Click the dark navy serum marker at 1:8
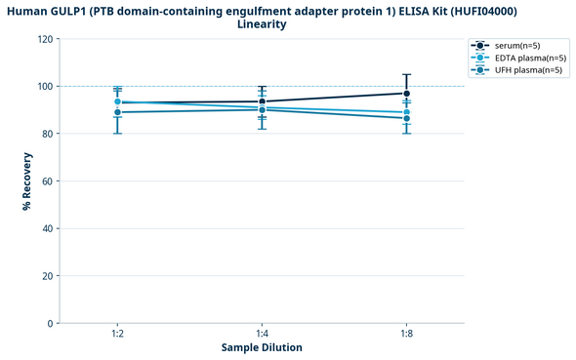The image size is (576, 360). (x=406, y=94)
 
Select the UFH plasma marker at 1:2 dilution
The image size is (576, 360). (x=117, y=112)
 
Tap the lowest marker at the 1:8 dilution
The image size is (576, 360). (x=406, y=118)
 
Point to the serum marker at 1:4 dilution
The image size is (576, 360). (x=262, y=101)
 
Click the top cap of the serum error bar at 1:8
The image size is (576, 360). (x=406, y=74)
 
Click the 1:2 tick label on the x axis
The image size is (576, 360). (x=117, y=333)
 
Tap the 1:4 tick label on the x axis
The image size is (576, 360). (x=262, y=333)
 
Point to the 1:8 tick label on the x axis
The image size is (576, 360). (x=406, y=333)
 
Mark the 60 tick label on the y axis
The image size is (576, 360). (x=47, y=180)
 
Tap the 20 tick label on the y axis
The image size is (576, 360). (x=47, y=275)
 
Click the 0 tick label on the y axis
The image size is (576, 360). (x=50, y=323)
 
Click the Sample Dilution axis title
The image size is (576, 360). (x=262, y=347)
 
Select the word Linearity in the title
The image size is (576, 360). (x=262, y=24)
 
